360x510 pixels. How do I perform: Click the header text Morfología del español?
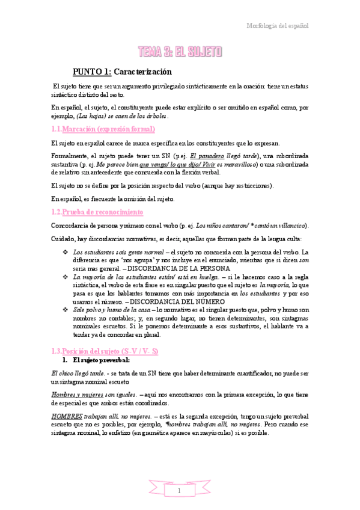(x=278, y=26)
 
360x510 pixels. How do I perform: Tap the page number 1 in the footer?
(x=180, y=491)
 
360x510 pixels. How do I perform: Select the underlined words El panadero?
(x=203, y=155)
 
